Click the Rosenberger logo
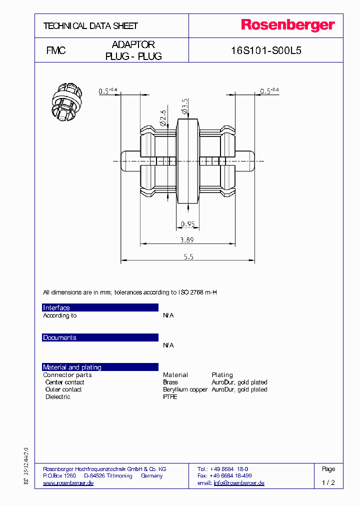(288, 25)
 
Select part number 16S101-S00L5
(266, 50)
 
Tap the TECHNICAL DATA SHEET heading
(90, 25)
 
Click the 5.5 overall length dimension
(188, 256)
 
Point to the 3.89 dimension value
(187, 240)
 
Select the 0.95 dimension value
(187, 223)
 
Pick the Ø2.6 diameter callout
(162, 116)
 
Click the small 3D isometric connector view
(65, 101)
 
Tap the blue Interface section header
(100, 307)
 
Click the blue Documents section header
(100, 337)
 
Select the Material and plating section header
(100, 367)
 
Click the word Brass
(170, 382)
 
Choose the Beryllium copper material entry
(185, 389)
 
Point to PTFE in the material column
(170, 397)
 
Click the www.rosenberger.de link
(68, 483)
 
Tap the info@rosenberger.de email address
(238, 483)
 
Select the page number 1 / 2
(328, 483)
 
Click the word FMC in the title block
(56, 50)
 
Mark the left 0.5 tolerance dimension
(107, 90)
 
